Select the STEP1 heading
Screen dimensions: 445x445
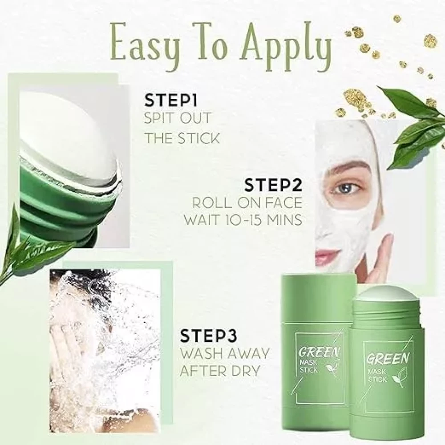[x=171, y=101]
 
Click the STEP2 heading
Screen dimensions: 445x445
[x=273, y=185]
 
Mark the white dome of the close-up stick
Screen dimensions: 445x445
[x=68, y=133]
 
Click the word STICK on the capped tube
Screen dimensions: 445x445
[x=309, y=370]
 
